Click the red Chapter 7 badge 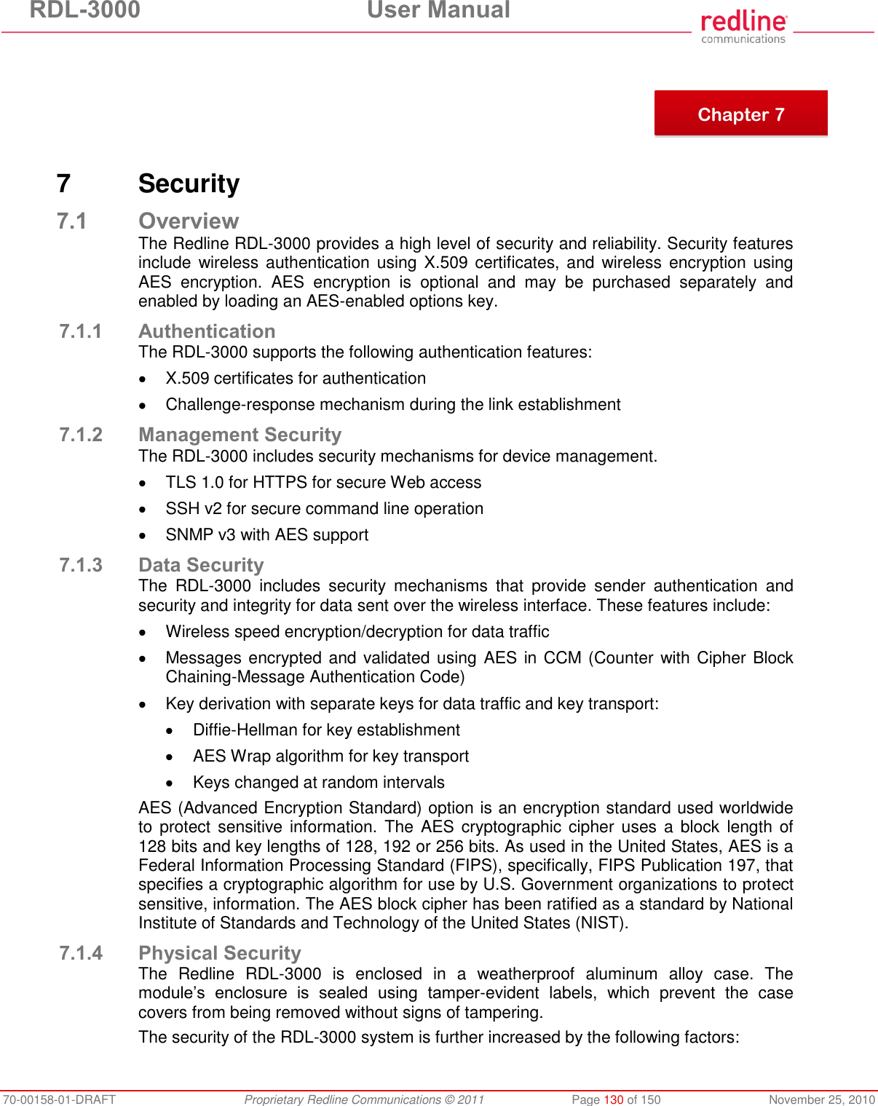740,114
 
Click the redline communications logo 743,27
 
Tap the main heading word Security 189,183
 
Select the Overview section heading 189,221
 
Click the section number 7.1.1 80,331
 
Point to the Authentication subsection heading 207,331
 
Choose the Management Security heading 240,435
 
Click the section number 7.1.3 80,565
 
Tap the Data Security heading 201,565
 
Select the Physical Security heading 219,953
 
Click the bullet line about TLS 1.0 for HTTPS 323,482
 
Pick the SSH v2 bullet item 324,508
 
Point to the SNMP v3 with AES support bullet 266,534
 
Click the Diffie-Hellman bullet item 326,730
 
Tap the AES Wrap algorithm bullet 331,756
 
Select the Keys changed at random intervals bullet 318,782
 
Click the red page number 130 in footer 613,1099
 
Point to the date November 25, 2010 821,1099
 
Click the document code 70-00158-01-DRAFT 58,1099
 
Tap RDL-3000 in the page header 84,10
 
